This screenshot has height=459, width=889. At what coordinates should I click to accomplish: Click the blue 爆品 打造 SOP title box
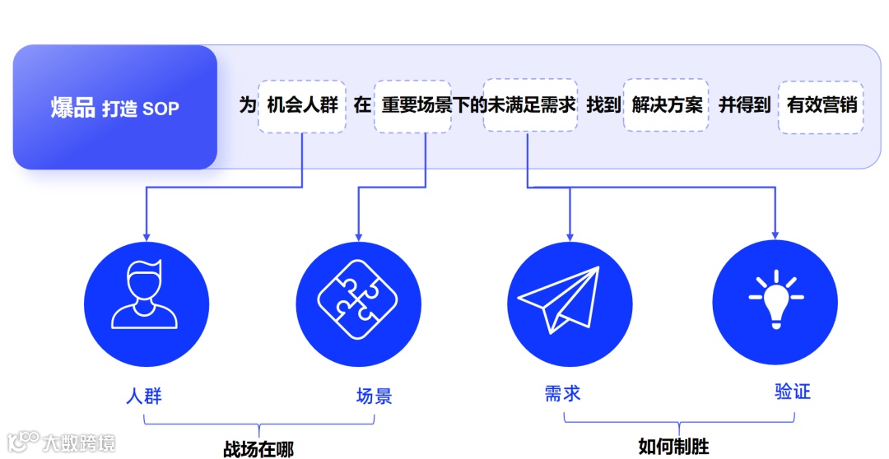115,108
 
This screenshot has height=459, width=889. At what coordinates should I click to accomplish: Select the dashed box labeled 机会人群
302,106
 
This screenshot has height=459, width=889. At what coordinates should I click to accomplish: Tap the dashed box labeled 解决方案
667,106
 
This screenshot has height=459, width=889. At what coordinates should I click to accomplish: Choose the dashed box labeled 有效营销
821,106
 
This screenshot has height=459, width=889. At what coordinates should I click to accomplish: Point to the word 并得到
744,106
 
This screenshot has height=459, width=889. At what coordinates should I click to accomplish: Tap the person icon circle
146,304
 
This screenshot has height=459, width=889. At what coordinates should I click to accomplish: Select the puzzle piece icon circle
357,304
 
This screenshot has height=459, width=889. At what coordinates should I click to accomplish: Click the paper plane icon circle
569,304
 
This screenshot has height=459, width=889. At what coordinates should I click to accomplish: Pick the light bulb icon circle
775,304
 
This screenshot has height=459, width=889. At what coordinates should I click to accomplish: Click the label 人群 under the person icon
144,396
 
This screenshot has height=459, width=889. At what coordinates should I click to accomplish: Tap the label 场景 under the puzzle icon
374,396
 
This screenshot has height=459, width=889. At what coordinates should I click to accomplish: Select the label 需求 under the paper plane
562,392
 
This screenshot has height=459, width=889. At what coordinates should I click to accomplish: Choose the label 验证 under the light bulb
793,391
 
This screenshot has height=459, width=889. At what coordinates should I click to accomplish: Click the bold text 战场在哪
258,449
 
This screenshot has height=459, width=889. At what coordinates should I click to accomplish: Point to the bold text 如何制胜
673,447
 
